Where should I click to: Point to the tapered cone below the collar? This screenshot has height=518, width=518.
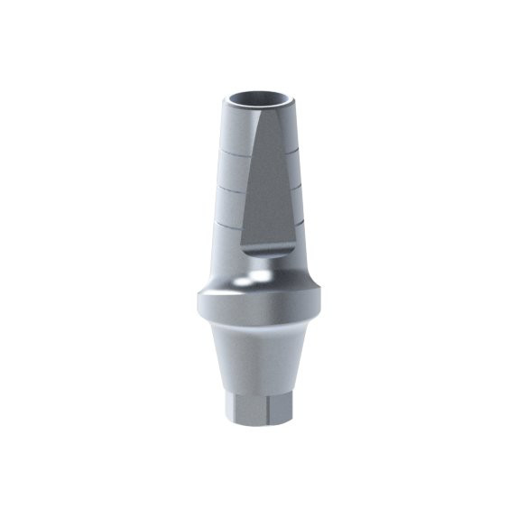tap(259, 361)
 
